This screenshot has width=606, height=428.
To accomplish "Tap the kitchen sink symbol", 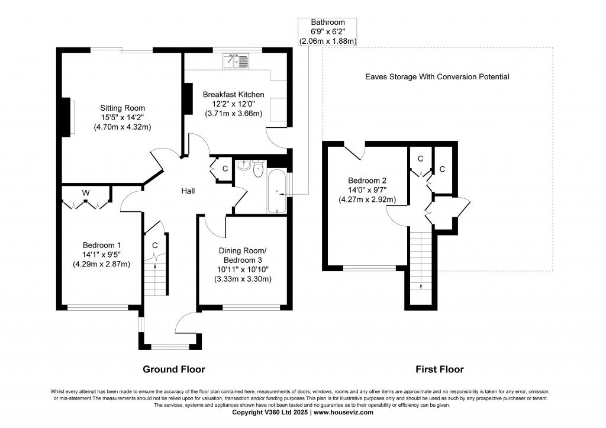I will click(x=236, y=60).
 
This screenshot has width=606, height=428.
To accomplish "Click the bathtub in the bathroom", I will click(x=276, y=191).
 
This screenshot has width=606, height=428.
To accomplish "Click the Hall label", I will click(x=188, y=191).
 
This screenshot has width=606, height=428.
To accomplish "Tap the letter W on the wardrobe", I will click(x=86, y=193).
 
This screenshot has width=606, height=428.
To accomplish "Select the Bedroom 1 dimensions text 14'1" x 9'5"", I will click(x=102, y=255).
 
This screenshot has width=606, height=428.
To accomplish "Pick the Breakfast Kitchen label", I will click(x=233, y=95).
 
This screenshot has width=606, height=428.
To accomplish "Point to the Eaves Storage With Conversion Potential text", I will click(x=437, y=77).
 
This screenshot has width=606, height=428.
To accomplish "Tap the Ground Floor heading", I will click(x=174, y=369).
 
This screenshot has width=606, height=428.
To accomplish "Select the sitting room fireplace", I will click(x=70, y=117).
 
